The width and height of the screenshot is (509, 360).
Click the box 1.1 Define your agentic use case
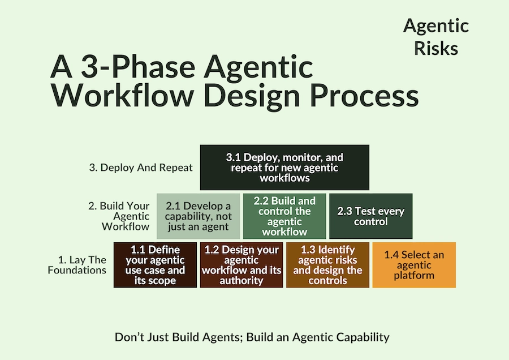click(156, 265)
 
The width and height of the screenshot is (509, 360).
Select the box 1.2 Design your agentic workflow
click(241, 265)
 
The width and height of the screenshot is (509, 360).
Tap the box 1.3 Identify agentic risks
click(327, 265)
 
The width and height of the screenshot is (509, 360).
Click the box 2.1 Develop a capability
click(198, 216)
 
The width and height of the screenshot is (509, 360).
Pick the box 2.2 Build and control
click(284, 216)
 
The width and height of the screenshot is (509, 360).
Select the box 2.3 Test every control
click(370, 216)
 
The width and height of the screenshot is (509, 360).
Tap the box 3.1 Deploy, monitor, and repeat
click(284, 168)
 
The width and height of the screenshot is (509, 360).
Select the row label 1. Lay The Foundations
click(82, 265)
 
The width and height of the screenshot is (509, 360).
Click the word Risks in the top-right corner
click(435, 49)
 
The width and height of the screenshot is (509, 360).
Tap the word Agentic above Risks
click(435, 26)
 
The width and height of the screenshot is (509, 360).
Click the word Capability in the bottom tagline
click(360, 337)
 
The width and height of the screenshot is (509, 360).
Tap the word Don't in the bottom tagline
click(130, 337)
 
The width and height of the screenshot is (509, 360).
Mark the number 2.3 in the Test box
click(346, 212)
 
